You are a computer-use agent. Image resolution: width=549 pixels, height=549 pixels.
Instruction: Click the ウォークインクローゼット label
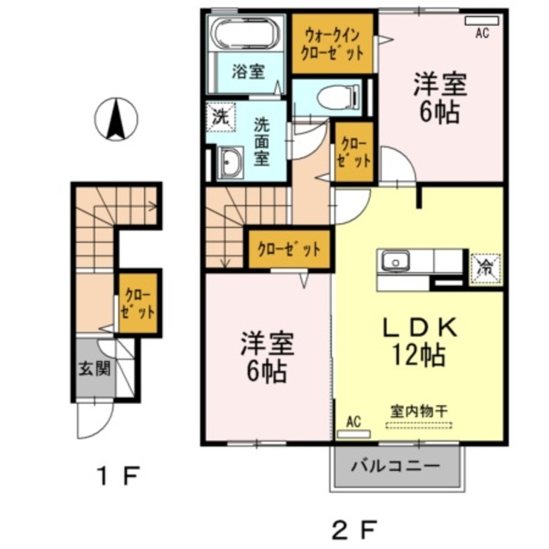click(x=333, y=42)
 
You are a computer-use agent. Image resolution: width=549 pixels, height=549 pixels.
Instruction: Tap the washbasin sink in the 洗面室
click(x=229, y=162)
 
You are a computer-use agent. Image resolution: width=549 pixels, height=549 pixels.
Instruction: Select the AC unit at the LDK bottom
click(x=354, y=431)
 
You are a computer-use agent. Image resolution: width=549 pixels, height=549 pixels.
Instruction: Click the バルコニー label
click(x=397, y=468)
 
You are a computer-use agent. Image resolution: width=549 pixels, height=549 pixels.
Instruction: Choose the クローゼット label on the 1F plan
click(x=136, y=304)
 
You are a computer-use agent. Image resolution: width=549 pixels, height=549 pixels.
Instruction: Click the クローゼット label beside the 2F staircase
click(x=289, y=250)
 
